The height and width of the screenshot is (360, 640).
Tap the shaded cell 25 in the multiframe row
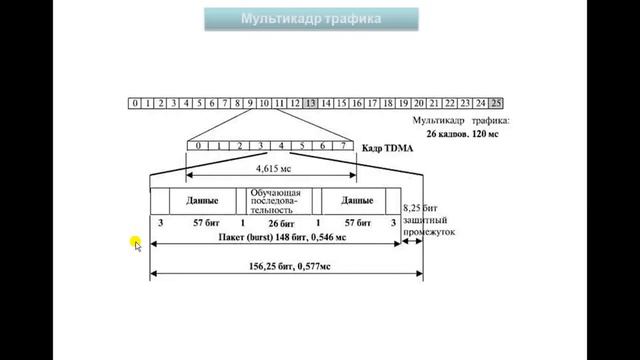pos(496,102)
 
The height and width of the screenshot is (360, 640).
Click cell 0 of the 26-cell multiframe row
pos(134,102)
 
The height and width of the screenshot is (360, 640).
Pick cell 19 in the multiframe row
pos(403,102)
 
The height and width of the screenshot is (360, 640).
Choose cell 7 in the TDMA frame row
pos(343,146)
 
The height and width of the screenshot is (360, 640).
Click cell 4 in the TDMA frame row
pos(282,146)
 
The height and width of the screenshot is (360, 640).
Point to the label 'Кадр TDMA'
pos(383,147)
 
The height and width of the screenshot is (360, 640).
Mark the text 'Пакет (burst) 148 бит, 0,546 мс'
pos(282,238)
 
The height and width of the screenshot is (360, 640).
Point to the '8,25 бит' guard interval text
pos(420,208)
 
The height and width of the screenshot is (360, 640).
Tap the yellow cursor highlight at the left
pos(136,244)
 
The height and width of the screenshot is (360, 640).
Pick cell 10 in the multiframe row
pos(263,102)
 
